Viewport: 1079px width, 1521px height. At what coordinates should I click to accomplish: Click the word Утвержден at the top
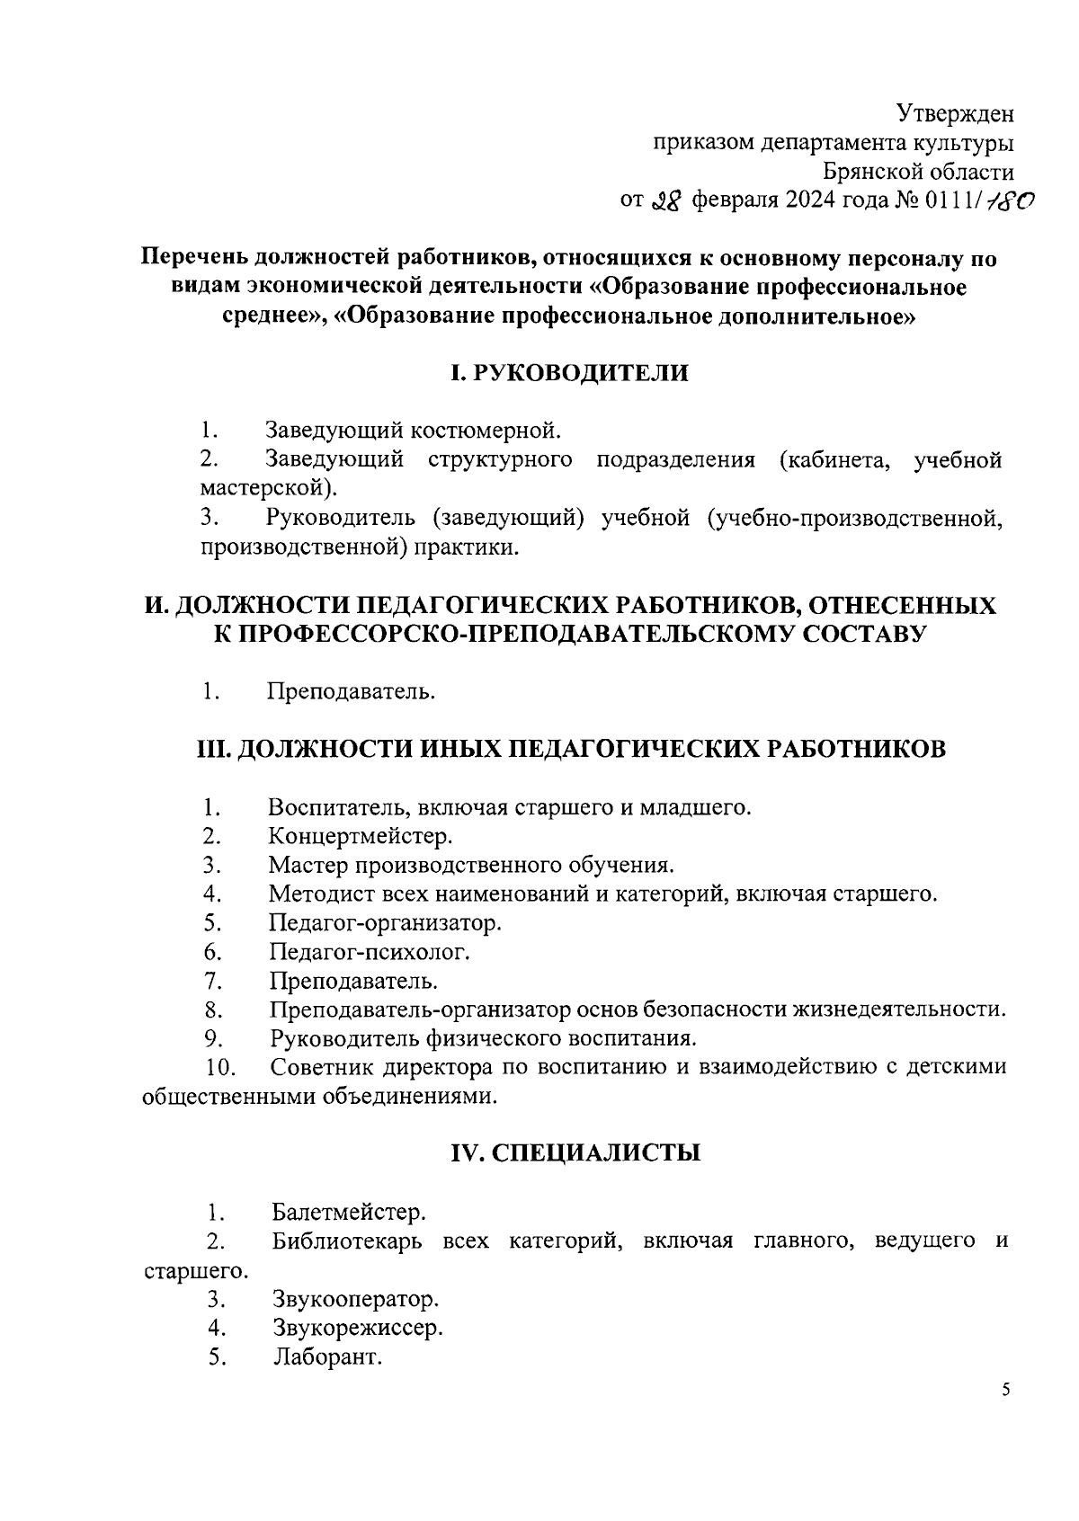pos(956,114)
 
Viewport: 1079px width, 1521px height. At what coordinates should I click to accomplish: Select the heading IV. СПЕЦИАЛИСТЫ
pos(575,1153)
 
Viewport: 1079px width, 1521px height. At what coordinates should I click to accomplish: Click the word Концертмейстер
pos(361,837)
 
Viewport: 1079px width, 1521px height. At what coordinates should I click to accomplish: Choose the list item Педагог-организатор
pos(385,923)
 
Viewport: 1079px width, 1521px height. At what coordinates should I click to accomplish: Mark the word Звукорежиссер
pos(357,1328)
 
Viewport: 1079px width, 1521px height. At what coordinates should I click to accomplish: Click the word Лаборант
pos(328,1357)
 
